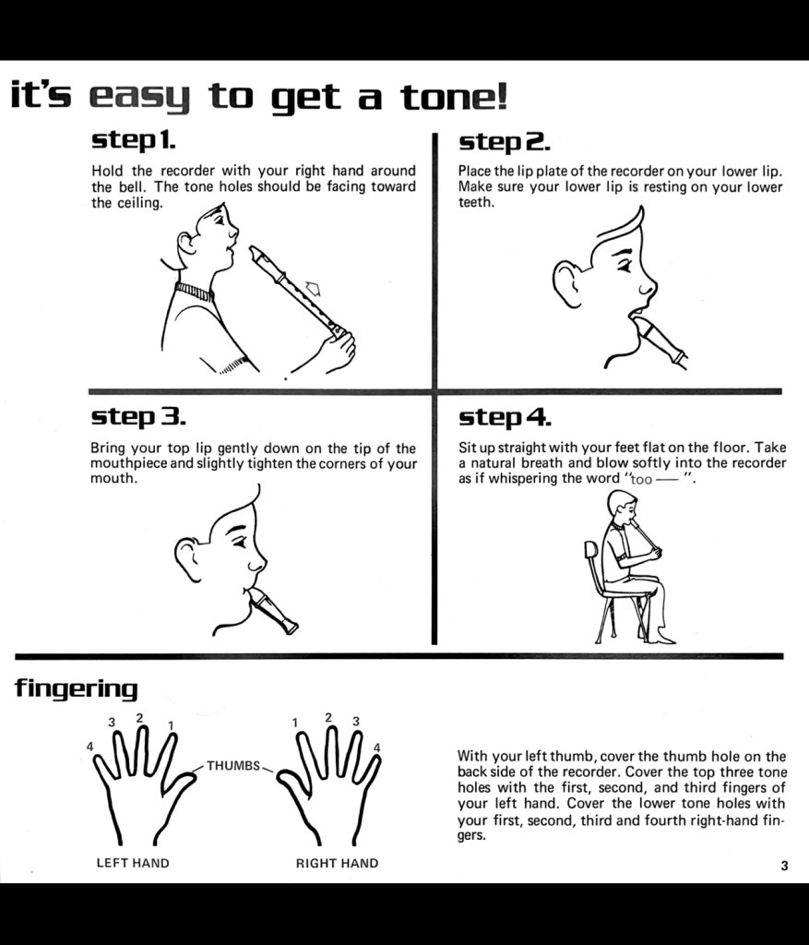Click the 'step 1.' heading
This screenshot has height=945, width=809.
(133, 141)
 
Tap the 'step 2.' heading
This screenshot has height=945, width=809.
(505, 142)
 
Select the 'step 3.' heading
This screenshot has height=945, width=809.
(138, 416)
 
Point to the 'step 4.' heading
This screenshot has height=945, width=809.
(505, 417)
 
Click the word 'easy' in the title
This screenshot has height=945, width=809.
(139, 98)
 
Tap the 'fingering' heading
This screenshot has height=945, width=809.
(76, 688)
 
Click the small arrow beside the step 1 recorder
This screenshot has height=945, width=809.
(314, 289)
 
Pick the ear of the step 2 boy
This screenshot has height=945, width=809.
(566, 283)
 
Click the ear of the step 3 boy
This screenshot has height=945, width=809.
(187, 558)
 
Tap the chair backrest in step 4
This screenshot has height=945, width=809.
(590, 552)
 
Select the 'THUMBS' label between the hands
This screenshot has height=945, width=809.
(233, 765)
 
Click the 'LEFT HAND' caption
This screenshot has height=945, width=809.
(133, 863)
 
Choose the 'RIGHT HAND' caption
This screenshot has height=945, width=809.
(338, 863)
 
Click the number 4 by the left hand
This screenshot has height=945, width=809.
(89, 746)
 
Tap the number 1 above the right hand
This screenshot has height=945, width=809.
(295, 722)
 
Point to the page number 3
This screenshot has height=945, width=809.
(784, 866)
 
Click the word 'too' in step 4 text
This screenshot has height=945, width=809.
(641, 480)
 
